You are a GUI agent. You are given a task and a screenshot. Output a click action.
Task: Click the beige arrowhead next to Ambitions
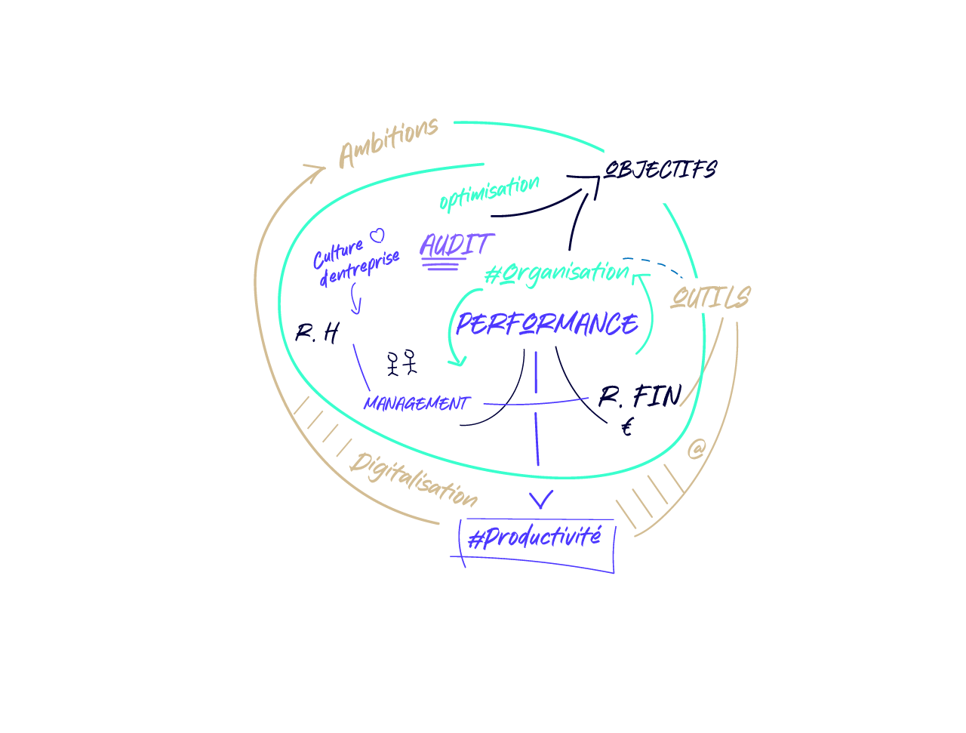[315, 171]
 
